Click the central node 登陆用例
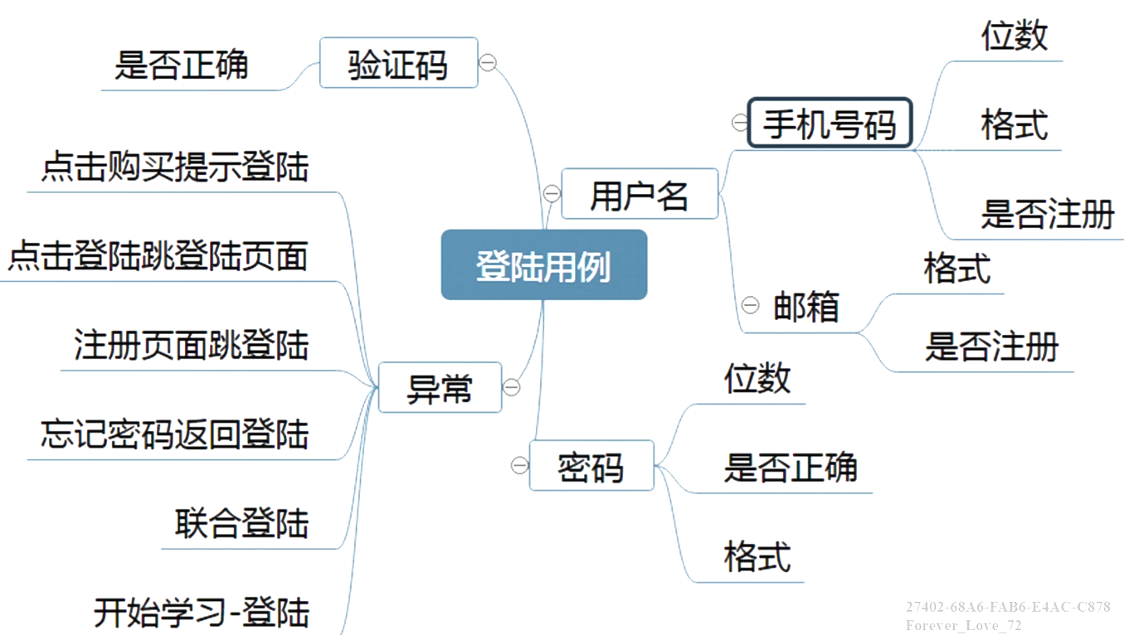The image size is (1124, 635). pyautogui.click(x=543, y=265)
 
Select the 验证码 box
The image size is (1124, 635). pyautogui.click(x=398, y=63)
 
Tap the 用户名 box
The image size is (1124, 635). pyautogui.click(x=639, y=194)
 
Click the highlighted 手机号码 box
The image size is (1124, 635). pyautogui.click(x=830, y=124)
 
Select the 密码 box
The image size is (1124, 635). pyautogui.click(x=591, y=466)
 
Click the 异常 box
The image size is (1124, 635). pyautogui.click(x=440, y=387)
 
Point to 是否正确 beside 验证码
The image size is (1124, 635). pyautogui.click(x=182, y=65)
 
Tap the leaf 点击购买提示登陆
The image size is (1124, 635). pyautogui.click(x=175, y=167)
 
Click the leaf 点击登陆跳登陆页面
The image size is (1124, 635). pyautogui.click(x=158, y=256)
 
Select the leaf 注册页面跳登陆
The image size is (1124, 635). pyautogui.click(x=192, y=345)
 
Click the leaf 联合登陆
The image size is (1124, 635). pyautogui.click(x=241, y=523)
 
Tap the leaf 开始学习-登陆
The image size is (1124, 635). pyautogui.click(x=202, y=613)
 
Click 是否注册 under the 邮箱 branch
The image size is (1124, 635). pyautogui.click(x=992, y=347)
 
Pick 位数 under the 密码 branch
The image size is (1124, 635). pyautogui.click(x=757, y=378)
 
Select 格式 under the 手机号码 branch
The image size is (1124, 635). pyautogui.click(x=1015, y=124)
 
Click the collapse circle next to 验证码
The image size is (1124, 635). pyautogui.click(x=489, y=63)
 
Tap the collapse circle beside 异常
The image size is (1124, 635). pyautogui.click(x=512, y=387)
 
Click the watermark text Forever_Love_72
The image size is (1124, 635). pyautogui.click(x=964, y=625)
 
